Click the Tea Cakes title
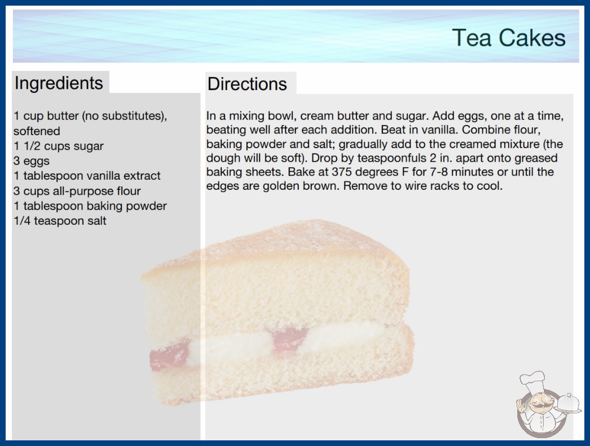pos(509,38)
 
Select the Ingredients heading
pos(59,83)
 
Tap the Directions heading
pos(247,84)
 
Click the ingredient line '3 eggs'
pos(32,161)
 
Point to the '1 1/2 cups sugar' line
pos(58,146)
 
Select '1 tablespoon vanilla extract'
pos(87,176)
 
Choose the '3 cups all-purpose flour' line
pos(77,191)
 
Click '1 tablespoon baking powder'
pos(90,206)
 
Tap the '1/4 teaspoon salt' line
pos(60,221)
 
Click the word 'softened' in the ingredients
pos(37,131)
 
